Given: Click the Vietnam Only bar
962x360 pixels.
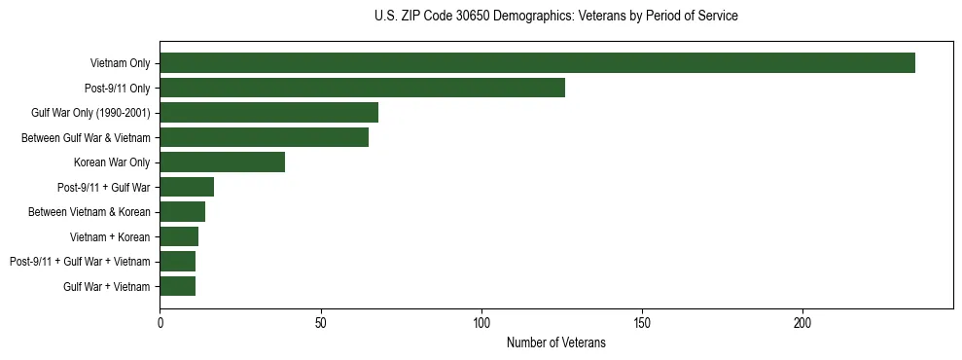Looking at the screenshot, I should tap(537, 63).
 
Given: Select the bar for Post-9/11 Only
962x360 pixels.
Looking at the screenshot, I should tap(362, 88).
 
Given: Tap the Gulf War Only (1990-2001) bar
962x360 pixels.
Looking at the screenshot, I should tap(268, 113).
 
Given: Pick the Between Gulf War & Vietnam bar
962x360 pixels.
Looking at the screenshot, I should tap(264, 137).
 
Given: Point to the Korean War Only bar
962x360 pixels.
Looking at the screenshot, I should tap(222, 162).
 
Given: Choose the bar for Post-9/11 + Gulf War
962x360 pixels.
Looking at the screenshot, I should tap(187, 187).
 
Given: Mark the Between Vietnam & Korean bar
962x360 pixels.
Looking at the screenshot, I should tap(182, 212).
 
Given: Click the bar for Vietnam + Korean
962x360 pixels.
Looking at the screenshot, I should tap(179, 236).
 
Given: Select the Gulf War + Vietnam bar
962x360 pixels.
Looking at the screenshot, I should tap(177, 286).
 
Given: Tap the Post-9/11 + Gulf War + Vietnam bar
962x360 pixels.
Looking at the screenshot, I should tap(177, 262).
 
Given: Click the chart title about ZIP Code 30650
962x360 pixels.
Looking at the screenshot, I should tap(555, 17).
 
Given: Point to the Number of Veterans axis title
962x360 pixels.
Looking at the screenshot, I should tap(555, 342).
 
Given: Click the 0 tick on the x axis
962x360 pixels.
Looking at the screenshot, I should tap(160, 321).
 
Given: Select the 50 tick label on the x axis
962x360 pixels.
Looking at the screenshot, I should tap(320, 321).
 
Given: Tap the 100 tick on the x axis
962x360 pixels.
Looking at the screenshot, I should tap(481, 321).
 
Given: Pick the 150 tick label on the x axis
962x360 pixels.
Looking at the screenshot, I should tap(642, 321).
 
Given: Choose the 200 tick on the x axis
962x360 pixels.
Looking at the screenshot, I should tap(802, 321).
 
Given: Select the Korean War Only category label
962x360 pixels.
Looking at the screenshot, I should tap(112, 162).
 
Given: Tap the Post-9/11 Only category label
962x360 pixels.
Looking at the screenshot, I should tap(118, 88).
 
